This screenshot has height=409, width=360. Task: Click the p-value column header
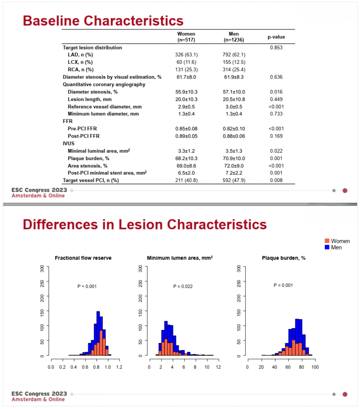(276, 37)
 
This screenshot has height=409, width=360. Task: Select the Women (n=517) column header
(186, 37)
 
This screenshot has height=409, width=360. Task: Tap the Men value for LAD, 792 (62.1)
(234, 55)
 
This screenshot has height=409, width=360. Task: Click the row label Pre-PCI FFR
(82, 128)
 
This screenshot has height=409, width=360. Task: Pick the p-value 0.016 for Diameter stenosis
(276, 92)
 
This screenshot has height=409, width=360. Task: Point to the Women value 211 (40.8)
(186, 180)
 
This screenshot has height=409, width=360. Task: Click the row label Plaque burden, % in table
(89, 158)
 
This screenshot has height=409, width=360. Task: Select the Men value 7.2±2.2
(234, 173)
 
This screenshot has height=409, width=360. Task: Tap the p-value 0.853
(276, 47)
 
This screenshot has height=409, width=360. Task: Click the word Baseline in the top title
(51, 21)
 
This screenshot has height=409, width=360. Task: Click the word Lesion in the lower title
(140, 225)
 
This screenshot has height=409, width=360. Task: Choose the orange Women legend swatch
(327, 241)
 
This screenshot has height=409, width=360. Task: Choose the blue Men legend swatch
(327, 247)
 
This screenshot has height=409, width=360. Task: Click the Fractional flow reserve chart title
(83, 258)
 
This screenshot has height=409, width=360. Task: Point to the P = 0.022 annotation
(183, 286)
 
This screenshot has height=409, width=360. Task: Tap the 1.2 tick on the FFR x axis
(119, 367)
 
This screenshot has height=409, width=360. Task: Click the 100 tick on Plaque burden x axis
(315, 367)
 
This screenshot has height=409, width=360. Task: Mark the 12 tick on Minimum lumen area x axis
(218, 367)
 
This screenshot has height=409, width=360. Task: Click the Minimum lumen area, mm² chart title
(180, 258)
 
